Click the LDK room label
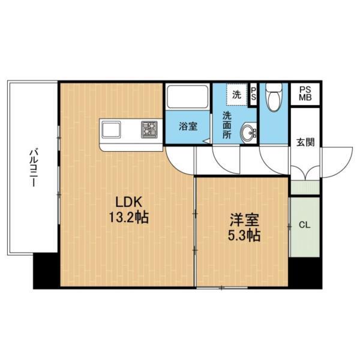coord(129,202)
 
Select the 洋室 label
coord(244,220)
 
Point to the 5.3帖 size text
coord(244,235)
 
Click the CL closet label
coord(304,225)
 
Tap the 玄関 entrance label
coord(305,142)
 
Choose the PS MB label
coord(305,94)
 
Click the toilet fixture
coord(274,97)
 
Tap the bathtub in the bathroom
coord(188,97)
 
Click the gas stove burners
coord(149,130)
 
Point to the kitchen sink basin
coord(111,130)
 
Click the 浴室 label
coord(188,126)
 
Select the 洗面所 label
coord(227,125)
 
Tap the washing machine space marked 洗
coord(237,94)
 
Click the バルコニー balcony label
coord(34,168)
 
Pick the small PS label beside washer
coord(253,94)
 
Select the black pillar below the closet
coord(305,272)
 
